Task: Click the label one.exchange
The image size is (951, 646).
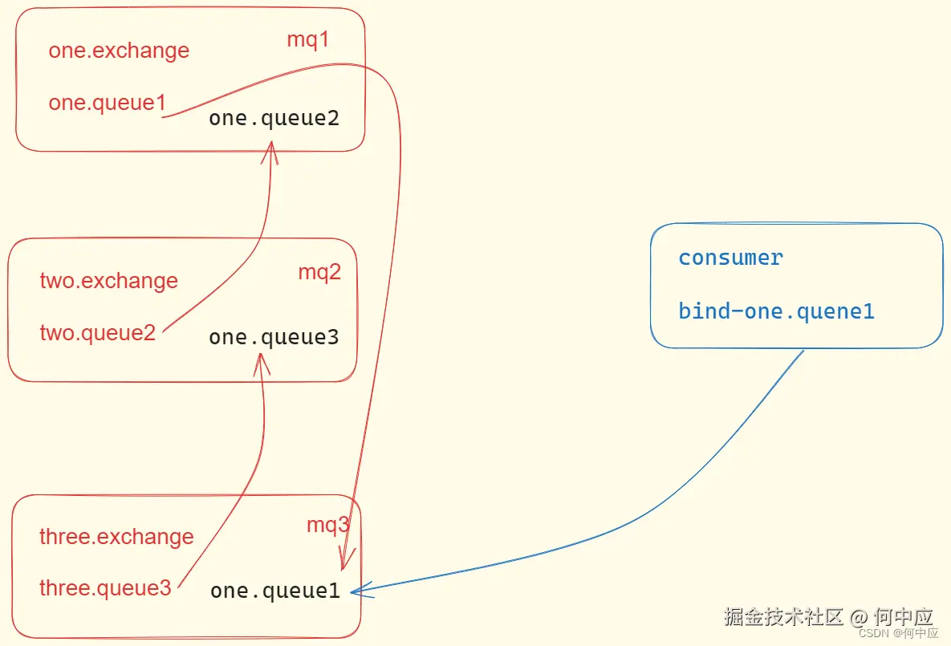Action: pos(119,51)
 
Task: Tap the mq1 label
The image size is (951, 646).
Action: pos(308,40)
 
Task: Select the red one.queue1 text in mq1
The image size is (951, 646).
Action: pos(107,104)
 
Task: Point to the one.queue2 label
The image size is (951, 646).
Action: pos(274,119)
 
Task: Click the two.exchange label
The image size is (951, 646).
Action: pos(108,282)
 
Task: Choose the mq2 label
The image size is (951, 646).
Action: pos(319,272)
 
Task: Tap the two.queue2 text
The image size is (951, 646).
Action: pos(97,332)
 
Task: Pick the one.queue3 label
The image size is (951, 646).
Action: pos(274,338)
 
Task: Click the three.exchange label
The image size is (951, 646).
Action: pos(116,537)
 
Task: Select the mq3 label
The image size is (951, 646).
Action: pos(327,526)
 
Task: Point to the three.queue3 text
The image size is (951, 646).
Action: pos(105,588)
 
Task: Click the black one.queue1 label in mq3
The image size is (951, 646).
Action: pos(275,591)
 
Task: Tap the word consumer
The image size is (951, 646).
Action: pos(730,258)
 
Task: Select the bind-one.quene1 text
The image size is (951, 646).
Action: pos(776,311)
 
